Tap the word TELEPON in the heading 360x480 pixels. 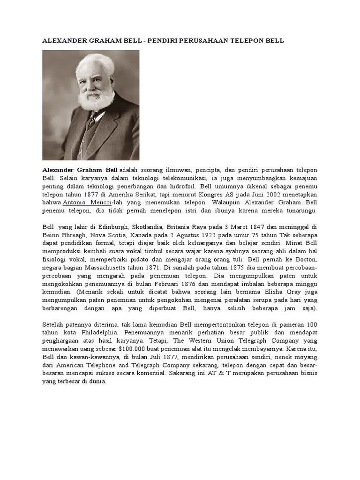pos(244,41)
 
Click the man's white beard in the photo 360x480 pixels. pos(96,99)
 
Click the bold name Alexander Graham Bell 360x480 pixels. pos(80,169)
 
